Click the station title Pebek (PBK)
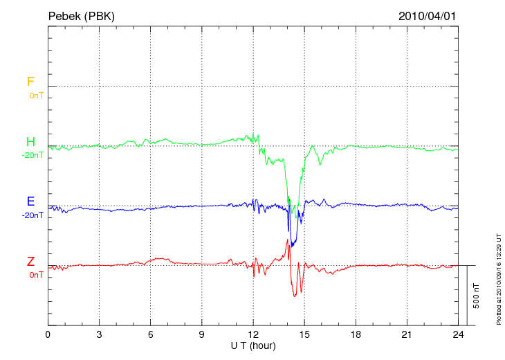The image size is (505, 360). (81, 15)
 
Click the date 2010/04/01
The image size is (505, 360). (428, 15)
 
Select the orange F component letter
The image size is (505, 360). (30, 82)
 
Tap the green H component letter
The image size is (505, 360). (30, 142)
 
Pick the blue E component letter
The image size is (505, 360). (30, 201)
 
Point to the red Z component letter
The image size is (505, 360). (30, 262)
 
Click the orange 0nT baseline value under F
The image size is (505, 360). (36, 96)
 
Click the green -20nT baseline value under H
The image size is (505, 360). (33, 155)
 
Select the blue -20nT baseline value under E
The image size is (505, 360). (33, 215)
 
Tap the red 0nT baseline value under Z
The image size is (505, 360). (36, 275)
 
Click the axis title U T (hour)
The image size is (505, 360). (253, 345)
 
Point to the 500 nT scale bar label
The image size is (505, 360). (477, 296)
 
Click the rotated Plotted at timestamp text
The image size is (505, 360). (498, 277)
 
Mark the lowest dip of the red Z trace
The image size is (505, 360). (294, 296)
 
